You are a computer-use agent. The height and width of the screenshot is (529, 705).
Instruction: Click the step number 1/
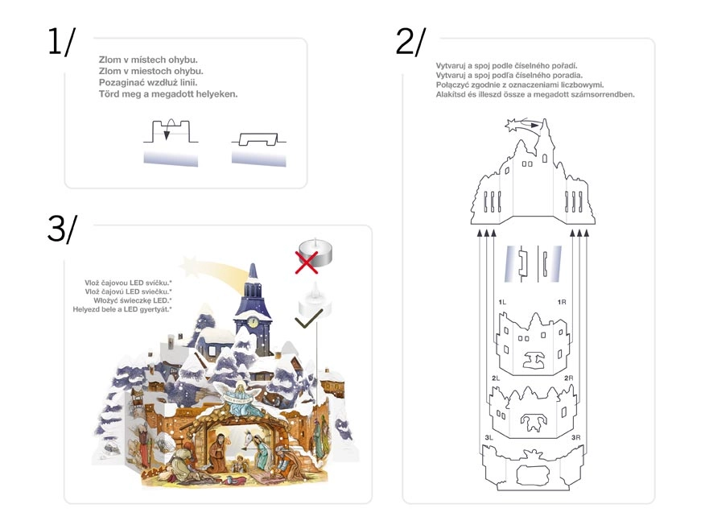tap(62, 42)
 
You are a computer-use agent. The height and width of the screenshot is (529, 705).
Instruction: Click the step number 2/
tap(410, 42)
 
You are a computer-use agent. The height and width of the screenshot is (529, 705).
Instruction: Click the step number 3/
tap(62, 229)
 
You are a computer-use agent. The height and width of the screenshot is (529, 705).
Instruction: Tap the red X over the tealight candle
tap(306, 262)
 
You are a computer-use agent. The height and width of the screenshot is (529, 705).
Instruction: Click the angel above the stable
tap(240, 398)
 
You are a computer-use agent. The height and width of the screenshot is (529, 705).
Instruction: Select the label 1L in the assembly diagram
tap(502, 302)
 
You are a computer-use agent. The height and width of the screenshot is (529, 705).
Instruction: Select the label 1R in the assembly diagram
tap(562, 302)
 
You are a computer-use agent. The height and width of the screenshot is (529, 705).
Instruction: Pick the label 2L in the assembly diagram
tap(496, 378)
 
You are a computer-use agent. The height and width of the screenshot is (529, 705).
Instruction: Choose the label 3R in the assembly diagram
tap(576, 437)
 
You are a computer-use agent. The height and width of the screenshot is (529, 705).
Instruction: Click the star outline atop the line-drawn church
tap(513, 124)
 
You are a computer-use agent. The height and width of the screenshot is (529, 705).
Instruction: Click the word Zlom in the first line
tap(110, 60)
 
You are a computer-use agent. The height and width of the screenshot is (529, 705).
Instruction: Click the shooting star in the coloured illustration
tap(213, 269)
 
